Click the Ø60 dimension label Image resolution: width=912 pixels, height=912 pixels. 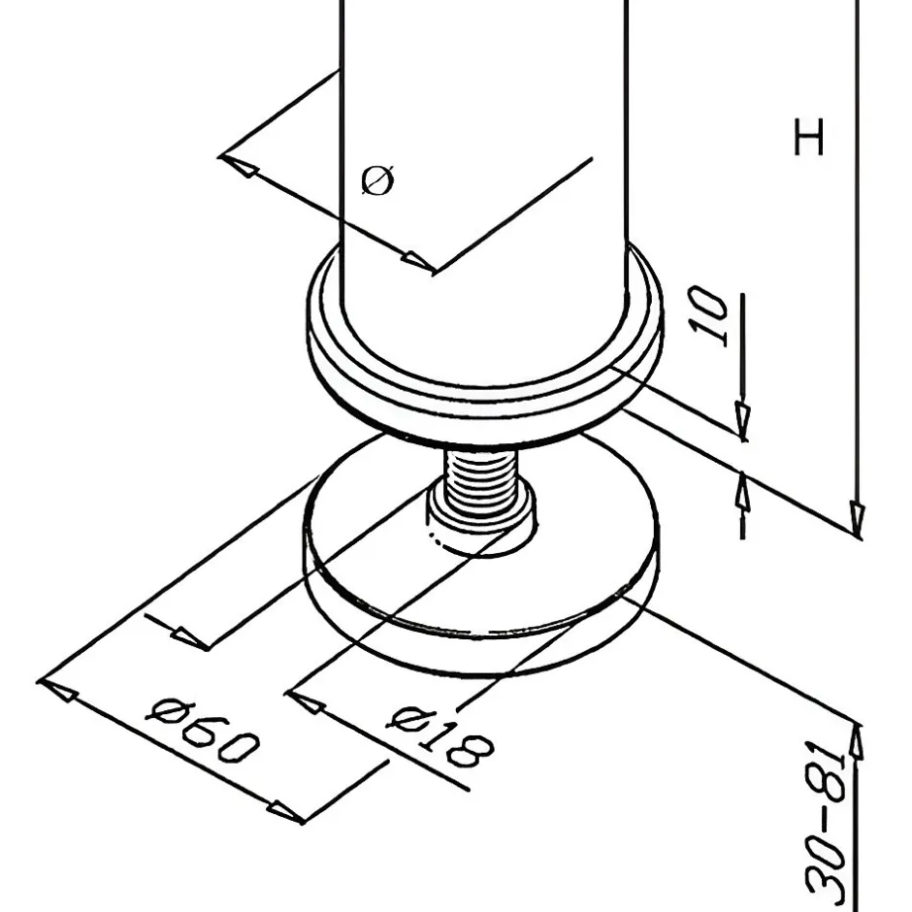coord(202,733)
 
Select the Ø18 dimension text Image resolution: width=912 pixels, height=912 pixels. coord(440,734)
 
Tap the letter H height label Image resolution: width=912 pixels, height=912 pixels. coord(809,137)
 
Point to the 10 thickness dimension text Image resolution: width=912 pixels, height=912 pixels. coord(708,316)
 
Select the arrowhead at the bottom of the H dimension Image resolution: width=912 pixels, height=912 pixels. coord(857,518)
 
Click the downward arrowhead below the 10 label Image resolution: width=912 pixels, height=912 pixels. coord(742,420)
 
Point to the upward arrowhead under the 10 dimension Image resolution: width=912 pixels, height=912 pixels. coord(742,492)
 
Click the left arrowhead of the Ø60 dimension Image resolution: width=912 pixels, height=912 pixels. coord(57,690)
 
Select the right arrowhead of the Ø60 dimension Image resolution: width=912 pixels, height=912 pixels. coord(285,811)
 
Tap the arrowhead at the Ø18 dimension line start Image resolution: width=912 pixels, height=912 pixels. coord(305,701)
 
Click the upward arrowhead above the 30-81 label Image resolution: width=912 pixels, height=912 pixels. coord(856,741)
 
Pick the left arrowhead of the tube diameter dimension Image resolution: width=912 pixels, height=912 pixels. coord(240,165)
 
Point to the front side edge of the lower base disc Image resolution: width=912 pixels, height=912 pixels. coord(481,645)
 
